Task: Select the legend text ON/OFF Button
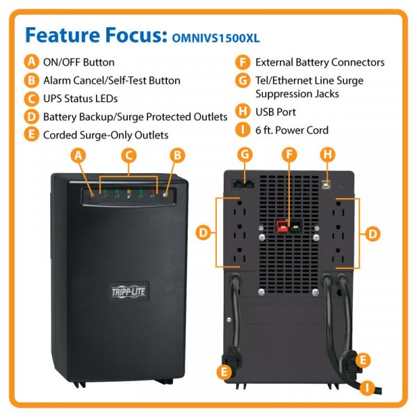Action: pyautogui.click(x=79, y=63)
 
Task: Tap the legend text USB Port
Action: pyautogui.click(x=275, y=112)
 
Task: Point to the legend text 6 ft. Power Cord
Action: pyautogui.click(x=292, y=130)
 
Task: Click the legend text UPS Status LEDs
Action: pyautogui.click(x=80, y=99)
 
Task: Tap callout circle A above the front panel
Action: pyautogui.click(x=80, y=156)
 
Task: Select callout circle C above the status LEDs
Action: pyautogui.click(x=127, y=156)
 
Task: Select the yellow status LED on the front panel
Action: pyautogui.click(x=129, y=192)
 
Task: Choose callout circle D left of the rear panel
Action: pyautogui.click(x=203, y=234)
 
